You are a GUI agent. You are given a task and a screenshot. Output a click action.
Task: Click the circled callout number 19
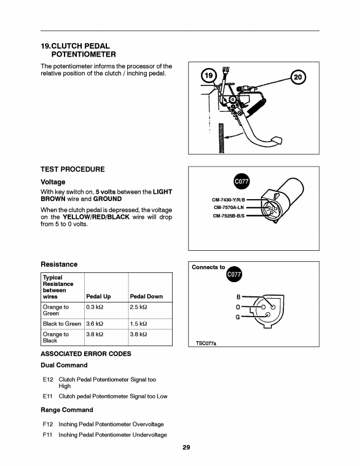point(209,76)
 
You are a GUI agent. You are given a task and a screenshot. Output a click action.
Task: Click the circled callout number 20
point(297,77)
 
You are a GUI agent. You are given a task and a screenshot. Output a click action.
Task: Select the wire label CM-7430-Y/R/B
point(229,200)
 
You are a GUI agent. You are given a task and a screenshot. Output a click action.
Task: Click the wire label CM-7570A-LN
point(229,207)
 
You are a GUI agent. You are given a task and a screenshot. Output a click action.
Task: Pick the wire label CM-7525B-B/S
point(229,216)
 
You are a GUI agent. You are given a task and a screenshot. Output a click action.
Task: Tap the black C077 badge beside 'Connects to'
point(234,274)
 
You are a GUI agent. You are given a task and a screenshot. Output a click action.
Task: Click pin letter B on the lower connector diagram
point(238,296)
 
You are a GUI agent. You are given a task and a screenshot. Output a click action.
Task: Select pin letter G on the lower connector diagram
point(238,317)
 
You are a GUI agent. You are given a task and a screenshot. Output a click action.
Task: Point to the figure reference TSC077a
point(206,343)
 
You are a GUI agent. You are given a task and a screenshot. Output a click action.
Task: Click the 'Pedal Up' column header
point(98,296)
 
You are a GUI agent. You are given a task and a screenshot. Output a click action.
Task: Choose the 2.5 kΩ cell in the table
point(138,307)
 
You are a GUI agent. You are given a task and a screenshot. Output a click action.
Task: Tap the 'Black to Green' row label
point(62,323)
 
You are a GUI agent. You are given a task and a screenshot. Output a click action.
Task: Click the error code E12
point(48,379)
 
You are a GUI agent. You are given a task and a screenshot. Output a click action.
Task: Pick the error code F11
point(47,435)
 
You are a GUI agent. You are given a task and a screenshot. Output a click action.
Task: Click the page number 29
point(186,448)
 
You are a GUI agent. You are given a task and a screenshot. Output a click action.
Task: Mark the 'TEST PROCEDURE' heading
point(72,169)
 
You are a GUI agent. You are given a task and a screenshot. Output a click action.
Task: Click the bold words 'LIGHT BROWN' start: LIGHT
point(162,192)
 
